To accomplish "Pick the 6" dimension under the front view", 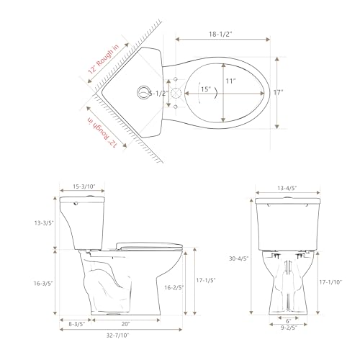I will tap(287, 320).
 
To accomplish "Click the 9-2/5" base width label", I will tap(287, 328).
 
